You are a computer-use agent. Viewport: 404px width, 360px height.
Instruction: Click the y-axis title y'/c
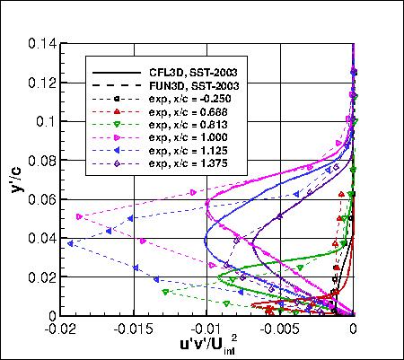(x=17, y=176)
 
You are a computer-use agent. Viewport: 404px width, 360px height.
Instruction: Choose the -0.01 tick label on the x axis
(x=206, y=329)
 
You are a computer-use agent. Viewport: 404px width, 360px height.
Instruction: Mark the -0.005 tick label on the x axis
(x=280, y=329)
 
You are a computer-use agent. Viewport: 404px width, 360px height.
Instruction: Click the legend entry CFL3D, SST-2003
(x=198, y=70)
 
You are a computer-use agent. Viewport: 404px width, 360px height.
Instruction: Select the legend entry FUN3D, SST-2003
(x=198, y=84)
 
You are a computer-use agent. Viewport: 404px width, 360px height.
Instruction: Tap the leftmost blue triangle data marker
(x=70, y=243)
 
